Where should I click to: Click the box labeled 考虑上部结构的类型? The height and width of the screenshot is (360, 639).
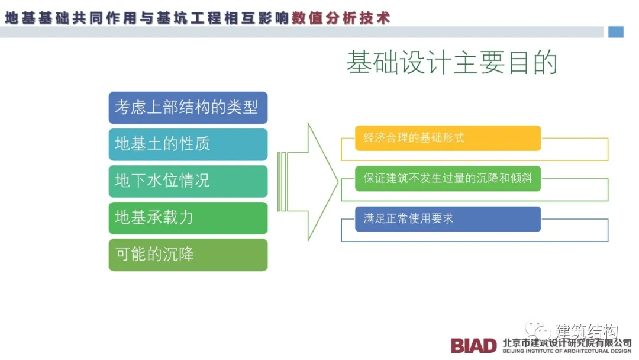click(x=188, y=108)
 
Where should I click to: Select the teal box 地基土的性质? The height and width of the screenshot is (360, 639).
click(x=188, y=144)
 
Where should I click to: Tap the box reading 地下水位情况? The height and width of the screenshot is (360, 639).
click(x=188, y=181)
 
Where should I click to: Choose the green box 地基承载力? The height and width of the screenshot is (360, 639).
click(x=188, y=218)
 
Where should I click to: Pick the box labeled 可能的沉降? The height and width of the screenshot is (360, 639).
click(x=188, y=255)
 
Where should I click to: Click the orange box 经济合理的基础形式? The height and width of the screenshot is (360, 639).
click(x=447, y=138)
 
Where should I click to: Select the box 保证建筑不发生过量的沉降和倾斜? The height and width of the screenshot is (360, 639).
click(x=447, y=178)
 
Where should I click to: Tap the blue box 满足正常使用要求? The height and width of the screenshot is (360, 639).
click(x=447, y=218)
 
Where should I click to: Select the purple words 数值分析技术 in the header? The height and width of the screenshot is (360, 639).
click(x=341, y=18)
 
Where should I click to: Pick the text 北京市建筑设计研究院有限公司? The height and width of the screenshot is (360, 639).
click(x=566, y=342)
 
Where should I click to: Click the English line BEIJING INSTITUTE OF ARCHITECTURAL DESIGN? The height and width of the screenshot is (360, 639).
click(x=566, y=351)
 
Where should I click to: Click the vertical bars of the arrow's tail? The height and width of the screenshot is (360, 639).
click(x=282, y=182)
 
